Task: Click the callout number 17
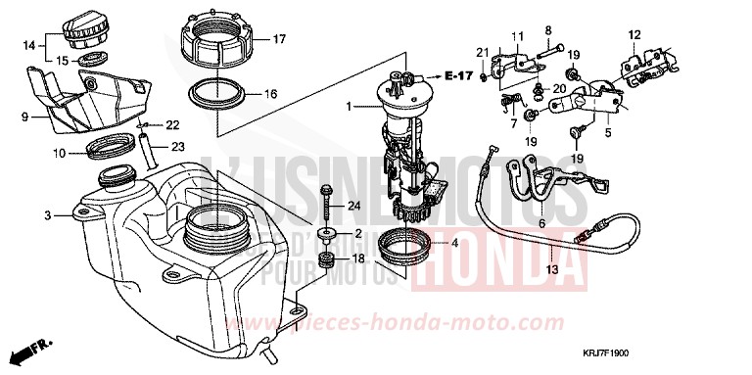pos(279,40)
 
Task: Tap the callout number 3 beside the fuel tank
pos(47,213)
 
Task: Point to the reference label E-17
pos(458,75)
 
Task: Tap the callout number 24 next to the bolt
pos(353,205)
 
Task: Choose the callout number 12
pos(634,34)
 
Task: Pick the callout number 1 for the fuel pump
pos(348,105)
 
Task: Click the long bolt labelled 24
pos(324,206)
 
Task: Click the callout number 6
pos(541,224)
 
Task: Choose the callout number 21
pos(482,52)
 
